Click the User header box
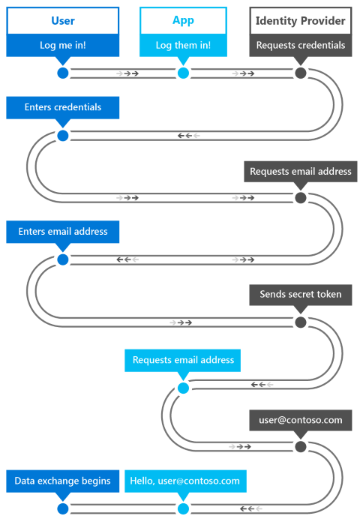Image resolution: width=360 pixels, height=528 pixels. coord(62,21)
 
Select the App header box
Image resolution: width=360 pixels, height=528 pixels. coord(183,21)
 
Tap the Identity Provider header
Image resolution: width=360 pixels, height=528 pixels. coord(301,21)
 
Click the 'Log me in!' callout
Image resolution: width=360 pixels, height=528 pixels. coord(62,45)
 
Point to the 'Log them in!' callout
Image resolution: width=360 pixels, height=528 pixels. coord(183,45)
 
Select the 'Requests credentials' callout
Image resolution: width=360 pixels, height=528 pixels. coord(301,45)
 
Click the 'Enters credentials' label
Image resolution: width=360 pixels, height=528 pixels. coord(63,107)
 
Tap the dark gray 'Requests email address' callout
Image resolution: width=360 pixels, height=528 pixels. coord(300,171)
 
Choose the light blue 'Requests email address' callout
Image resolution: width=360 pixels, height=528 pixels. coord(183,360)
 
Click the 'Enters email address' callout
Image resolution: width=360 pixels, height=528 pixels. coord(63,232)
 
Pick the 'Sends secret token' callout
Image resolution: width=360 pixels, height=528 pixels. coord(300,294)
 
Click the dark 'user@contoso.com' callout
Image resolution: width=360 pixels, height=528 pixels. coord(300,420)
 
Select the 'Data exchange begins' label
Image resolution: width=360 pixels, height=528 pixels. coord(62,481)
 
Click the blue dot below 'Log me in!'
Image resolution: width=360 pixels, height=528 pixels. coord(62,73)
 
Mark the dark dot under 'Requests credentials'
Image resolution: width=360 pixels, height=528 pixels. coord(301,73)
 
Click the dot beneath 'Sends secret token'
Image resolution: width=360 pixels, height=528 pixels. coord(301,322)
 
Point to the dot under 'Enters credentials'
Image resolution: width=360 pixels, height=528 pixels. coord(62,136)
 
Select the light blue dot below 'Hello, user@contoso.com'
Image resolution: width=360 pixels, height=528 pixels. coord(183,508)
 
